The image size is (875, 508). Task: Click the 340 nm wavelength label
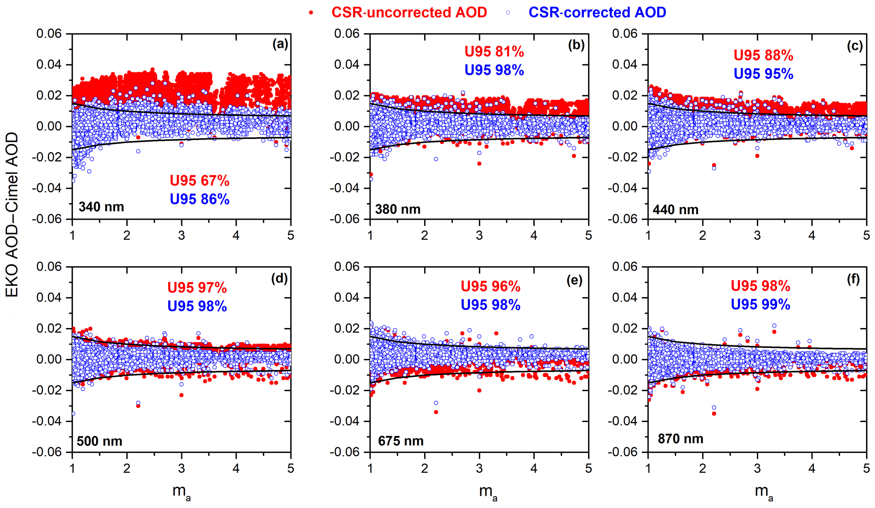click(101, 207)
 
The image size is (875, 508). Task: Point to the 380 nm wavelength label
click(397, 209)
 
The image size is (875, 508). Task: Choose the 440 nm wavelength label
click(675, 210)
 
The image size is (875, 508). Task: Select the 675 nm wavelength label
click(400, 441)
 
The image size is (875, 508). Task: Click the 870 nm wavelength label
click(680, 439)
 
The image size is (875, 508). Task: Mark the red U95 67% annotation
click(199, 181)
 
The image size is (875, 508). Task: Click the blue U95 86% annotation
click(199, 199)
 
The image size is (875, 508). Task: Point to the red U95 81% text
click(494, 52)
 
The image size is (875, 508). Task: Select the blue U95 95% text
click(763, 74)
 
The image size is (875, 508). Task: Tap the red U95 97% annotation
click(197, 288)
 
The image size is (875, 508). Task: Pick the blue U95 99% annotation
click(760, 305)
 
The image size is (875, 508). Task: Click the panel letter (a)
click(280, 44)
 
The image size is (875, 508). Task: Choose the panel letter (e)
click(574, 280)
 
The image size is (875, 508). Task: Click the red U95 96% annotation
click(490, 287)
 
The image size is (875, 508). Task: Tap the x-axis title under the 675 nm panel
click(488, 492)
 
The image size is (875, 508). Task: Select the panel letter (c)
click(855, 46)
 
